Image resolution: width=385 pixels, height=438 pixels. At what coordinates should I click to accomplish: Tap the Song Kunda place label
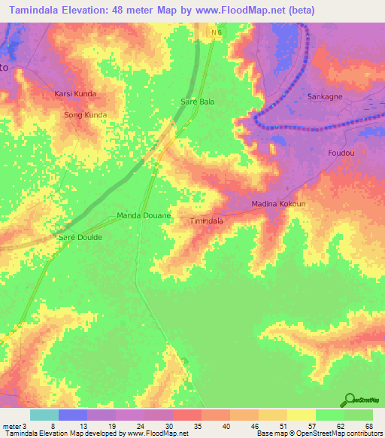tap(85, 115)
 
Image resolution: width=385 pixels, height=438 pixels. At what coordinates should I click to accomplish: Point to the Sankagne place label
tap(326, 97)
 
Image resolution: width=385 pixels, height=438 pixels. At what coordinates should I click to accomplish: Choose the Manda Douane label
tap(144, 216)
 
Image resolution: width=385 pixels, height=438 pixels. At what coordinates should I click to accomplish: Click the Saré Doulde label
tap(80, 236)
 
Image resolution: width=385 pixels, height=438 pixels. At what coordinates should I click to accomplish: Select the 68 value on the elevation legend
tap(368, 426)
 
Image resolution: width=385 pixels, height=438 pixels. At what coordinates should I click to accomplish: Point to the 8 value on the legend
tap(53, 426)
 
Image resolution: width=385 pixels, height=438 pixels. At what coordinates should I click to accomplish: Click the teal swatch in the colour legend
tap(44, 415)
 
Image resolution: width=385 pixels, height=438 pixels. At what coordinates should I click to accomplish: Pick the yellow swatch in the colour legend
tap(302, 415)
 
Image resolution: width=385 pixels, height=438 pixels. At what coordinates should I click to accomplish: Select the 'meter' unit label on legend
tap(11, 426)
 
